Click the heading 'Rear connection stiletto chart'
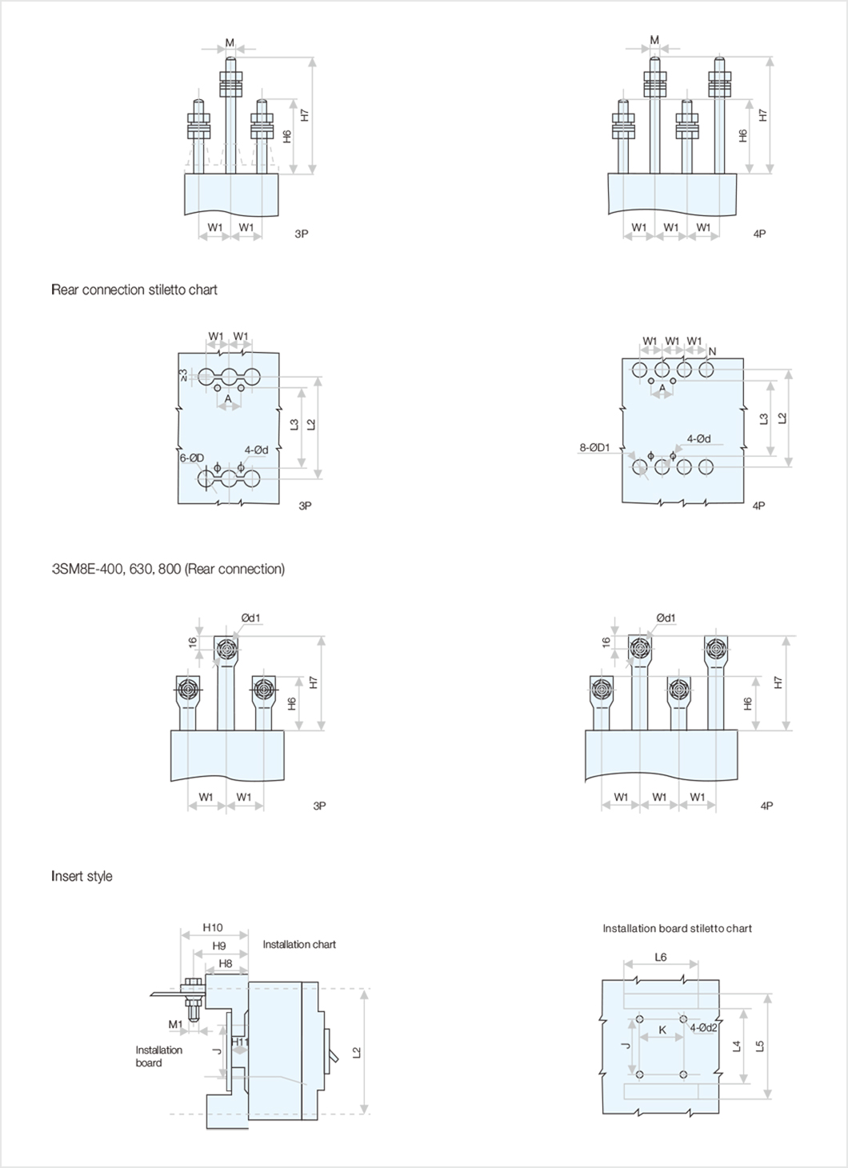134,290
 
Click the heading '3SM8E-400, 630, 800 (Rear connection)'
168,569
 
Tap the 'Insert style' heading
82,876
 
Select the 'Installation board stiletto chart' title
677,929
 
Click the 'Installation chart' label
299,945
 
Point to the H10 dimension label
212,928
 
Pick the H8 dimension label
225,964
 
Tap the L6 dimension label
660,957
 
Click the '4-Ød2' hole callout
703,1027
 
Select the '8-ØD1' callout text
594,448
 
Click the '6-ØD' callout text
191,458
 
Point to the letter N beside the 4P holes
712,351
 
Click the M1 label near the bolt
175,1024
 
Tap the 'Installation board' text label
159,1056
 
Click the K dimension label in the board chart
662,1030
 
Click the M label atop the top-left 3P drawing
230,42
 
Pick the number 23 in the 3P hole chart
183,374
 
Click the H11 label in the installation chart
240,1042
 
